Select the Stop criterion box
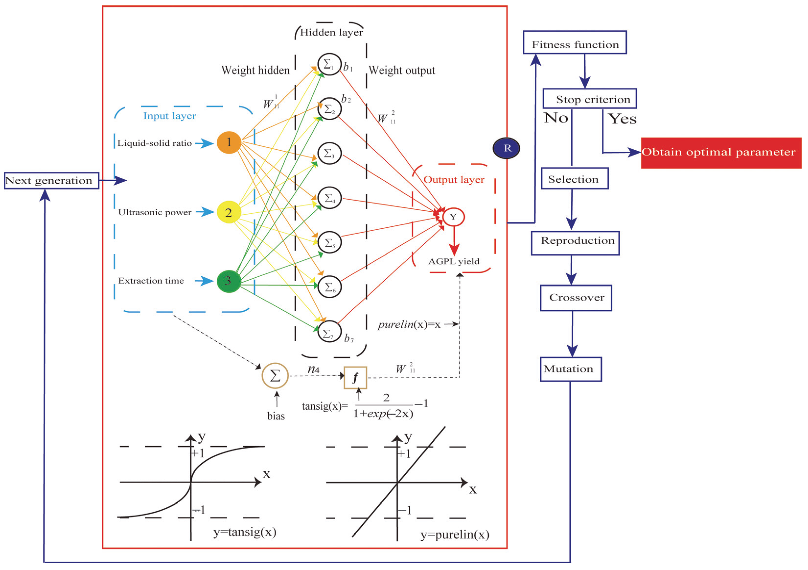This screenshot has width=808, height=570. point(589,99)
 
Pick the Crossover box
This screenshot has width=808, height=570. point(576,298)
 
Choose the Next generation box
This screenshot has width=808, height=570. point(51,181)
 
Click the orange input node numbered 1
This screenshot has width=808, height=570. point(229,142)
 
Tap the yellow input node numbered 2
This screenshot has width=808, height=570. point(229,212)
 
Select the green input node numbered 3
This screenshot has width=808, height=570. point(229,281)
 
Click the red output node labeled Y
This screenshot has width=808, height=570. point(453,217)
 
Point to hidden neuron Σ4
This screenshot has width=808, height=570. point(329,198)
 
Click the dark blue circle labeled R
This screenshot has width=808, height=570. point(507,148)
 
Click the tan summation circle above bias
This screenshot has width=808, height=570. point(275,376)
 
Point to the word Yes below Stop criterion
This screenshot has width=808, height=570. point(622,119)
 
